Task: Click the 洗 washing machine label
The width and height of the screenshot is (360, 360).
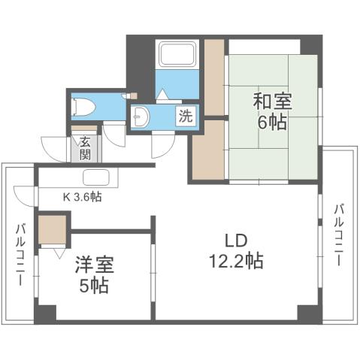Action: pyautogui.click(x=185, y=116)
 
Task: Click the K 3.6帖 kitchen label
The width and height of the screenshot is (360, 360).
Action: pyautogui.click(x=83, y=198)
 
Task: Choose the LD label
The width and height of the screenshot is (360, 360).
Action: pyautogui.click(x=234, y=241)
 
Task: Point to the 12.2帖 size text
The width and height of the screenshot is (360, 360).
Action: pyautogui.click(x=235, y=262)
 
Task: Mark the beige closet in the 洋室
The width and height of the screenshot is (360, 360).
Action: pyautogui.click(x=52, y=230)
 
